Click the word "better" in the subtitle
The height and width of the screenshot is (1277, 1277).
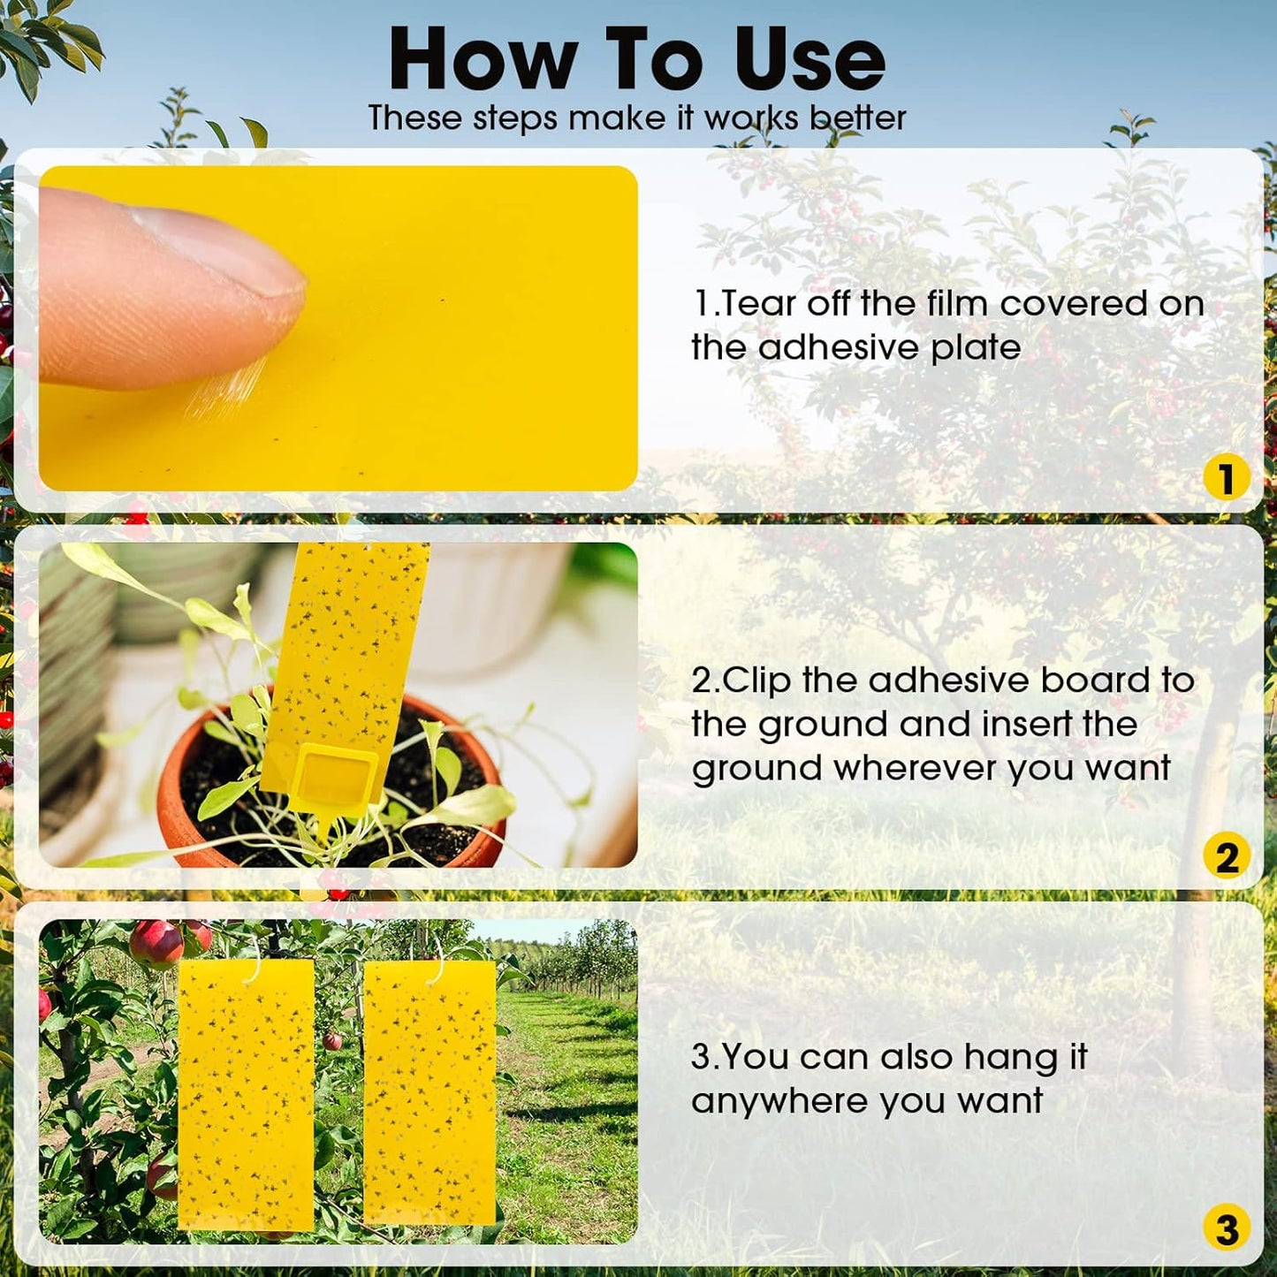click(858, 118)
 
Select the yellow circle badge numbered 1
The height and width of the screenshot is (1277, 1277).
click(1226, 478)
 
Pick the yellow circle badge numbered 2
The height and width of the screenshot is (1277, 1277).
click(1226, 856)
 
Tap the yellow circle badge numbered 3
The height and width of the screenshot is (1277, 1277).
click(1226, 1229)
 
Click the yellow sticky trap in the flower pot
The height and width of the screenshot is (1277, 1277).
click(349, 654)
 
